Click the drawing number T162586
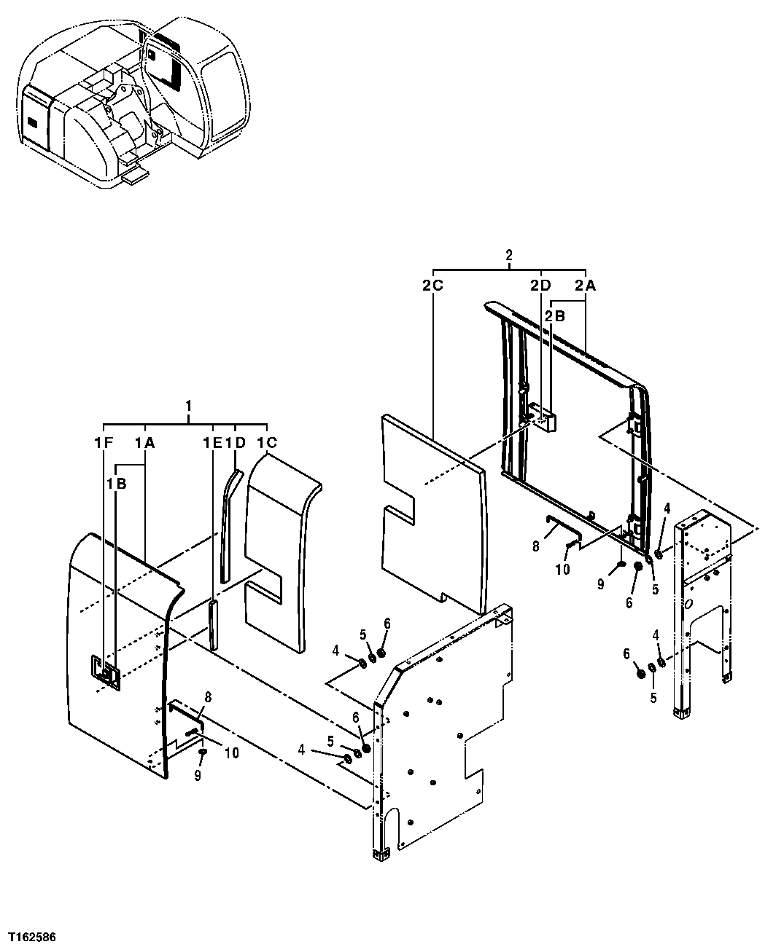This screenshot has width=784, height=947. tap(33, 935)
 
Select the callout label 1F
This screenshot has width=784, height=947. tap(104, 441)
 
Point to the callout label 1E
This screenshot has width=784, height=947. tap(212, 441)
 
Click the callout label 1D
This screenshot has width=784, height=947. tap(235, 441)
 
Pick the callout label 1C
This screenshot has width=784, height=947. tap(266, 441)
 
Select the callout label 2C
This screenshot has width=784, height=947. tap(432, 286)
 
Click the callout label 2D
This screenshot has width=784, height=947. tap(540, 286)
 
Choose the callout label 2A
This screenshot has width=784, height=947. tap(586, 286)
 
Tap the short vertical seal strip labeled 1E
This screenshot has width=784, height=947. tap(212, 625)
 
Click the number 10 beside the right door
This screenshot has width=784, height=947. tap(562, 570)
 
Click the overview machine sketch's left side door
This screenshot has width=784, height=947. tap(34, 117)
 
